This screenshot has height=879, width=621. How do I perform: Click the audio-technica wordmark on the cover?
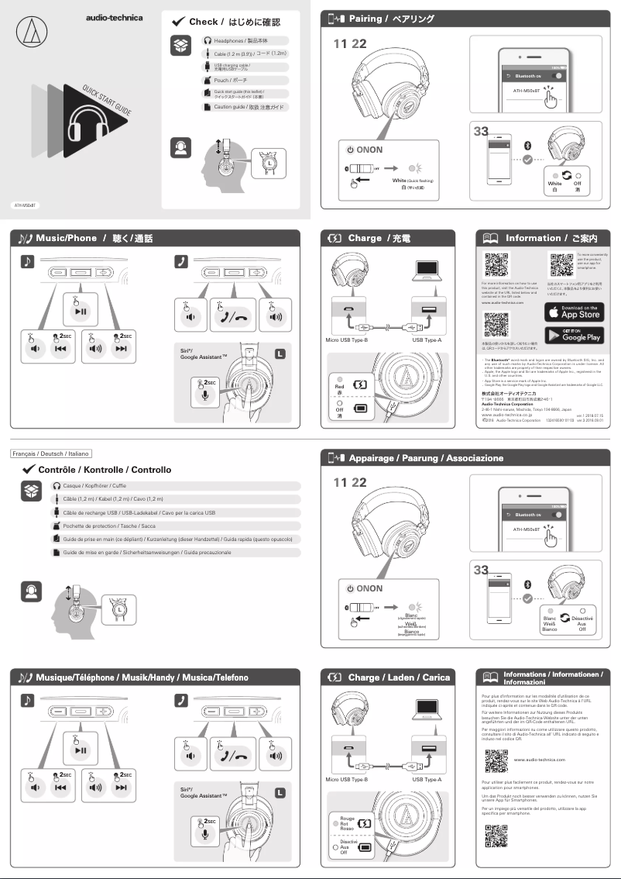tap(114, 17)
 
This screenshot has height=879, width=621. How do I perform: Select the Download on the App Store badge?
tap(573, 312)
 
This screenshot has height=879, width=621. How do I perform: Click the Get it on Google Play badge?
tap(573, 335)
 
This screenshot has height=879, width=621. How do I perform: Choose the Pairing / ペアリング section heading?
tap(391, 19)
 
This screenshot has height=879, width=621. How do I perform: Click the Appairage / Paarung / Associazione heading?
tap(425, 458)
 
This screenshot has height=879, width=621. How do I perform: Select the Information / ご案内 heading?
tap(556, 238)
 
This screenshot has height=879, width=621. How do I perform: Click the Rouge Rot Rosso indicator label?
tap(348, 823)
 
